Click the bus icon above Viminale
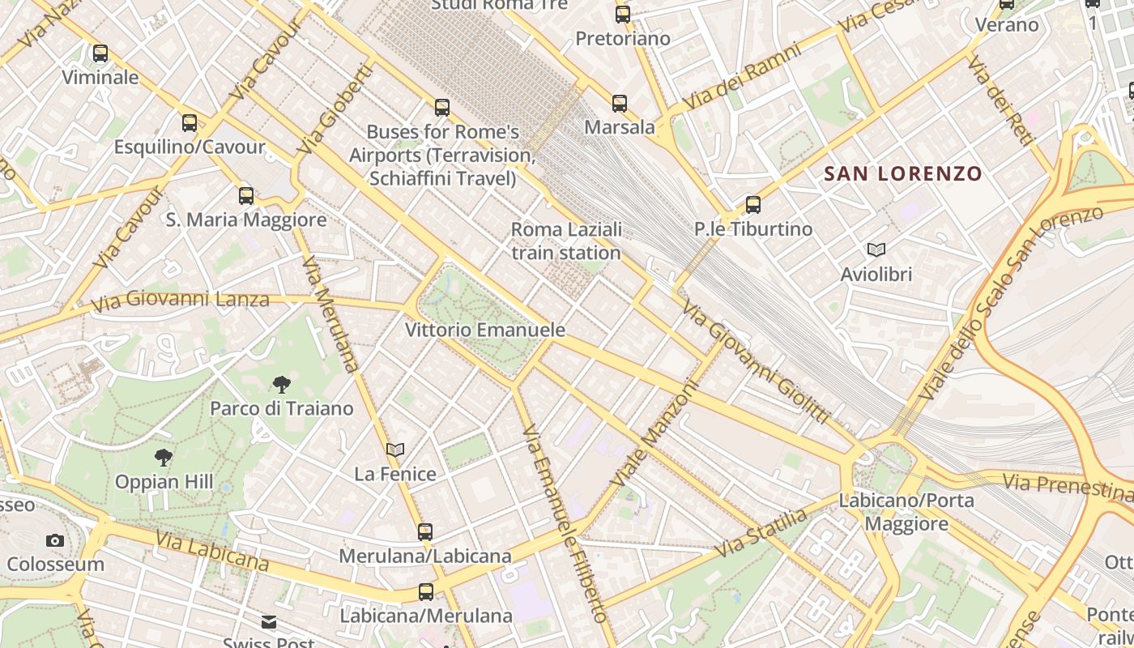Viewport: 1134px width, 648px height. [x=100, y=53]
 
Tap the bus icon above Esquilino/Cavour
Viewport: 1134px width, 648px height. [x=190, y=123]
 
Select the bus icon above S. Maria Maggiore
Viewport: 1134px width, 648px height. [x=246, y=195]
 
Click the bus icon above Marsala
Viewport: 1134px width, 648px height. [x=620, y=103]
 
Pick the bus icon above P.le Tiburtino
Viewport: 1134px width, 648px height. [x=753, y=205]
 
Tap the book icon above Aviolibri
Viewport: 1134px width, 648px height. [x=876, y=249]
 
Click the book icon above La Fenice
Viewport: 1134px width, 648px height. [x=395, y=450]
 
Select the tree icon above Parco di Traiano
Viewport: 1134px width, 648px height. [x=282, y=384]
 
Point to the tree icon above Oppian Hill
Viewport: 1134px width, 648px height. [x=164, y=458]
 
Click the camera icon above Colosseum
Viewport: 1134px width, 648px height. [x=55, y=540]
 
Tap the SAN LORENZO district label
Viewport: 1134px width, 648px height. [x=902, y=173]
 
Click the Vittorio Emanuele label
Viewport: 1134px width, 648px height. [x=484, y=330]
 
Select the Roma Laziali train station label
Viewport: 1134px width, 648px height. [x=566, y=241]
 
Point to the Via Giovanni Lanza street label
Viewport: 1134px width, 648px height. [x=180, y=301]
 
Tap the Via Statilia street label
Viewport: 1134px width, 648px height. [x=761, y=533]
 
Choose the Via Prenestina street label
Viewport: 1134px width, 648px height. [x=1067, y=487]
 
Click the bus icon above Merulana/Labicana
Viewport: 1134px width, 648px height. [x=425, y=532]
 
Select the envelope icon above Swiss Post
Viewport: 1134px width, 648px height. [x=269, y=622]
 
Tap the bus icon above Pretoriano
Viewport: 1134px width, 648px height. [x=622, y=14]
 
